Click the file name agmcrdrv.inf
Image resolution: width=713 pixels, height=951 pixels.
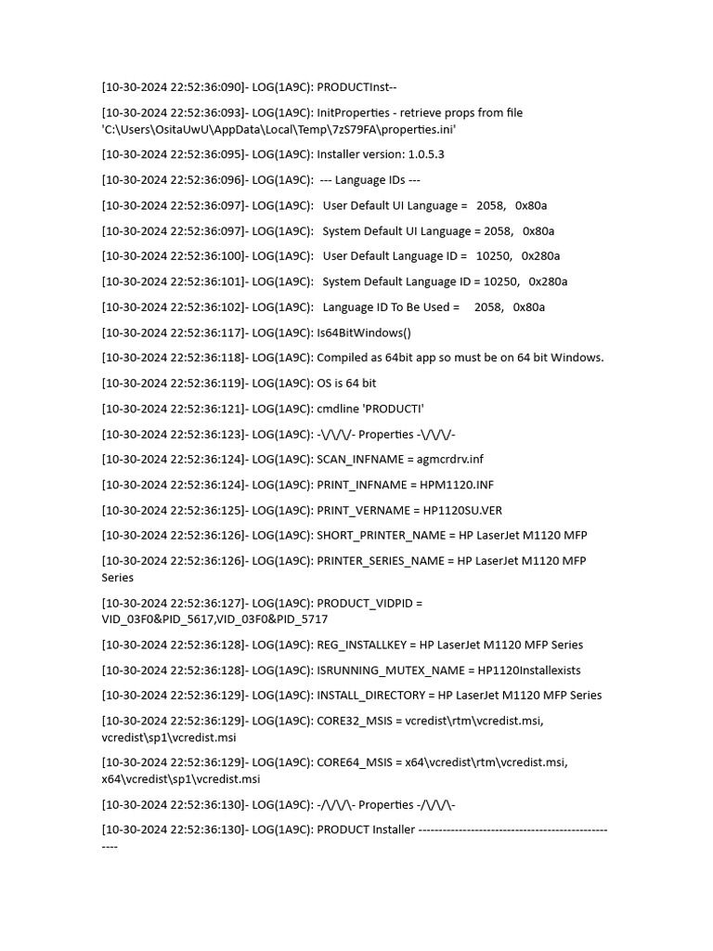click(450, 459)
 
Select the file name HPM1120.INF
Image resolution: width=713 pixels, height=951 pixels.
click(456, 485)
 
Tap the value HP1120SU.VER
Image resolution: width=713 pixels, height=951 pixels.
click(462, 510)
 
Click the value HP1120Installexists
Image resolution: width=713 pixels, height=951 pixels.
click(529, 670)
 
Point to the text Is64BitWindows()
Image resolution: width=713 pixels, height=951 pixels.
click(364, 332)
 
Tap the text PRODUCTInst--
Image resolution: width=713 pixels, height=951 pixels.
click(356, 87)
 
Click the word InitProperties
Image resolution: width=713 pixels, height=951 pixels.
click(353, 112)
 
